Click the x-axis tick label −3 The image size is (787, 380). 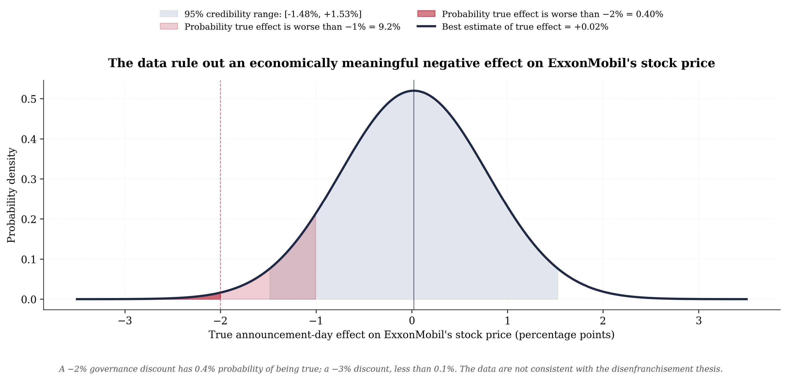(125, 321)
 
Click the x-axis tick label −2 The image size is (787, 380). (220, 321)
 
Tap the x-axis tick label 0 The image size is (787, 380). (412, 321)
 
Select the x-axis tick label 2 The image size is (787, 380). (603, 321)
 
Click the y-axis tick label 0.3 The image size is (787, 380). (29, 179)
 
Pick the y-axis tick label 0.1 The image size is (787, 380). (29, 260)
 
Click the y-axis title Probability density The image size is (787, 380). (11, 195)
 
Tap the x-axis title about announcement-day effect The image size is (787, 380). (412, 335)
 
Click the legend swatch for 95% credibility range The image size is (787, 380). (169, 14)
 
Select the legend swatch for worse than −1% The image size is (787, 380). (169, 26)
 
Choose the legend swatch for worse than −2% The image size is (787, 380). (426, 14)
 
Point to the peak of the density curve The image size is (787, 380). (414, 91)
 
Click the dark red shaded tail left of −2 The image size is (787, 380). (211, 297)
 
